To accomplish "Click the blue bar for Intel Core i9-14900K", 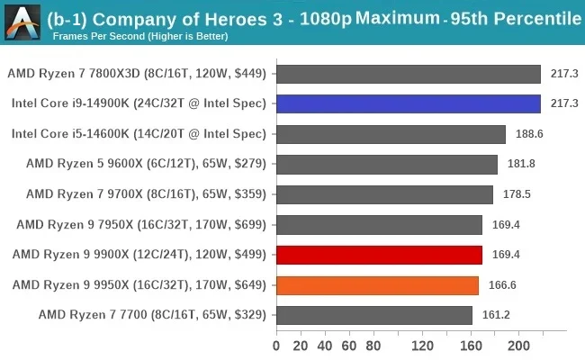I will point(409,104).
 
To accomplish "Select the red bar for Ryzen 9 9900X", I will point(379,255).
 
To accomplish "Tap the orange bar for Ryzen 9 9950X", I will point(377,285).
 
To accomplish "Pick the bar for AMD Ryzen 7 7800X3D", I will point(409,74).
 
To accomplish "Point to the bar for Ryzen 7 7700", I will point(374,315).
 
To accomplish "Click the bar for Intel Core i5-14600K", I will point(391,134).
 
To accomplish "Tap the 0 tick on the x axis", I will point(277,346).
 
